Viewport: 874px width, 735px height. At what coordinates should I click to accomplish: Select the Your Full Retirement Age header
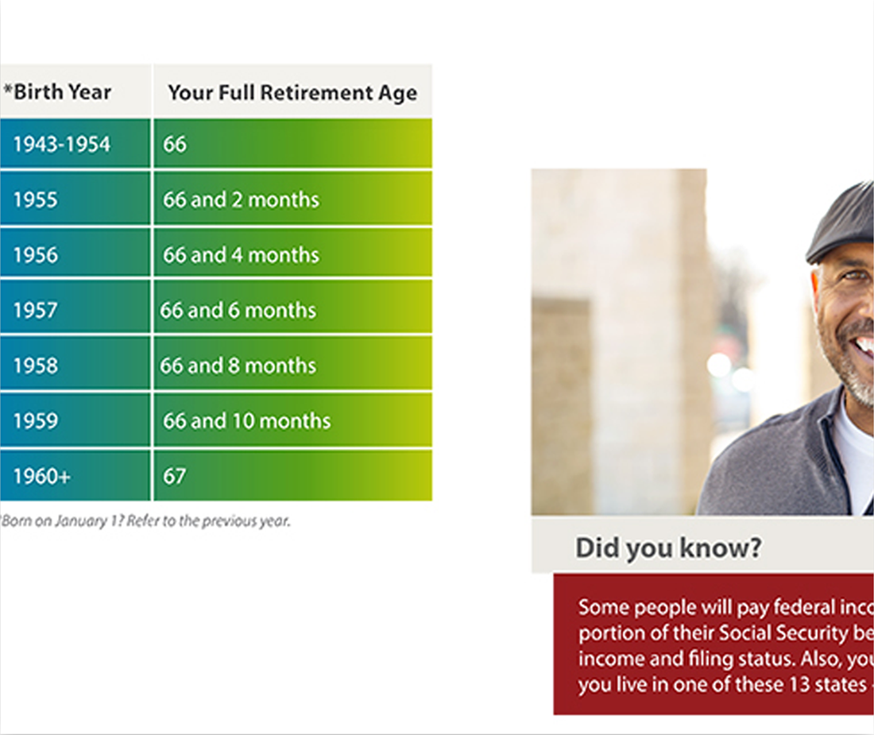[292, 92]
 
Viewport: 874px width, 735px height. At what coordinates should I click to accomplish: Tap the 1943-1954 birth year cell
[75, 144]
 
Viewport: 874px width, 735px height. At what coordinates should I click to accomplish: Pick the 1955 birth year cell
[75, 199]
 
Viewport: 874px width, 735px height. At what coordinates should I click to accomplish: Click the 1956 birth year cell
[75, 254]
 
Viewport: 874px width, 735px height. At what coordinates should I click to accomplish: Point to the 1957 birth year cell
[75, 309]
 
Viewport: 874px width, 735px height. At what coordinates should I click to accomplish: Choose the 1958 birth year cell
[75, 365]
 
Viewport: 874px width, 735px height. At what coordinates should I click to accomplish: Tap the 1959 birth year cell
[75, 420]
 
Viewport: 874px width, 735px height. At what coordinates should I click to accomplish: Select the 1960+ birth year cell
[75, 475]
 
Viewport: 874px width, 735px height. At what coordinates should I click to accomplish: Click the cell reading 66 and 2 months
[293, 199]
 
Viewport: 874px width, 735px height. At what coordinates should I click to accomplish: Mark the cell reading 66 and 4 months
[293, 254]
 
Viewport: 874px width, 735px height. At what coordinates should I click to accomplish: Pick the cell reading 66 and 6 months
[293, 309]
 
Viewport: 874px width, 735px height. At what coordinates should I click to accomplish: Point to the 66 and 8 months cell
[293, 365]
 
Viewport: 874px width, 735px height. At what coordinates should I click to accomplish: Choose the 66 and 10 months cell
[293, 420]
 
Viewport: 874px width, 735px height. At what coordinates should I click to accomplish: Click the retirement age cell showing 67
[293, 475]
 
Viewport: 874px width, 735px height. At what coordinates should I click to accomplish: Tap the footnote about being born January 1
[145, 521]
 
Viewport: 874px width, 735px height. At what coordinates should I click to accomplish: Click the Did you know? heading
[668, 548]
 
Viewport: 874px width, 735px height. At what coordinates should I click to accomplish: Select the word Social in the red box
[744, 633]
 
